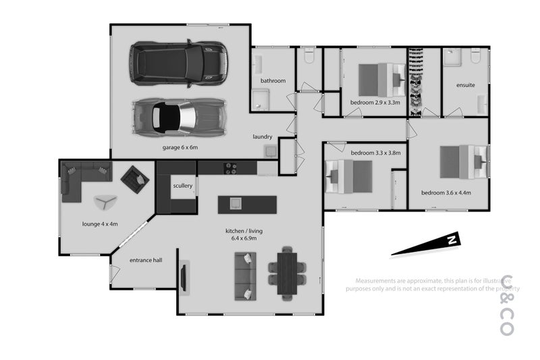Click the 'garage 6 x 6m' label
[x=180, y=147]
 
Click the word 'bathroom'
[x=273, y=81]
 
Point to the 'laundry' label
[x=263, y=136]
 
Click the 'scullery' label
[x=183, y=185]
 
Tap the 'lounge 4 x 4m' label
[x=100, y=224]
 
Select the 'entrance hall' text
[x=146, y=259]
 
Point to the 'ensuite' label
[x=466, y=85]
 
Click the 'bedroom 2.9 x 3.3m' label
[x=375, y=103]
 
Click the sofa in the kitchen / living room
[x=246, y=276]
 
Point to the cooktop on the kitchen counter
[x=231, y=167]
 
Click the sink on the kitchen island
[x=236, y=203]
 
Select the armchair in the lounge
[x=134, y=179]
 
